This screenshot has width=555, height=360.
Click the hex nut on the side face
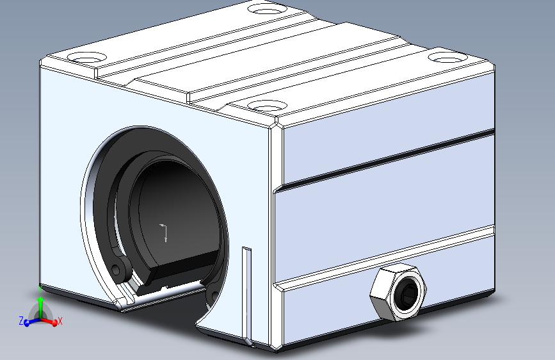pos(398,292)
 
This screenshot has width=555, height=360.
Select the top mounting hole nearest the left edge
pos(86,58)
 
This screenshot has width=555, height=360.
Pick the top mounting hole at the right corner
pos(447,57)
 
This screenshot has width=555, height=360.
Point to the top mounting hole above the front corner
pos(267,105)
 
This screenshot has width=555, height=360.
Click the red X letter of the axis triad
pos(60,321)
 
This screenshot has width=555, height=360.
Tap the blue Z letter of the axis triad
pos(21,321)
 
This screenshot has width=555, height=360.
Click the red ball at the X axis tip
pos(54,323)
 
